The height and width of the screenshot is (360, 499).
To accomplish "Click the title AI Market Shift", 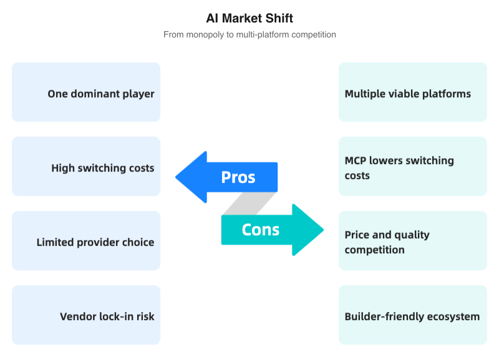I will coord(249,18).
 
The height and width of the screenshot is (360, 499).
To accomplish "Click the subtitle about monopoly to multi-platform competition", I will coord(249,34).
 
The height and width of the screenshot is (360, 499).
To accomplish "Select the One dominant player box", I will coord(86,92).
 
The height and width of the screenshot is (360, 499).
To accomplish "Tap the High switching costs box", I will coord(86,166).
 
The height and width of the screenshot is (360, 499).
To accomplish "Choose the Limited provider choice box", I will coord(86,240).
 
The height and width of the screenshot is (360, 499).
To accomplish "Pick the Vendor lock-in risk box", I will coord(86,314).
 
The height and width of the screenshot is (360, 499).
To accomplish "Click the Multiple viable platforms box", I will coord(412,92).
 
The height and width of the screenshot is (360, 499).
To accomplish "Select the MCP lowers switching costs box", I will coord(412,166).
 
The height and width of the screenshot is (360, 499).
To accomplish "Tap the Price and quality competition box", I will coord(412,240).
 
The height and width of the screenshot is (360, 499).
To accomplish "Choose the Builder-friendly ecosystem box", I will coord(412,314).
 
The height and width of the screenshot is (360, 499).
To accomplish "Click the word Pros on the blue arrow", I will coord(238,177).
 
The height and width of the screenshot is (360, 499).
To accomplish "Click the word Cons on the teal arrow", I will coord(261,230).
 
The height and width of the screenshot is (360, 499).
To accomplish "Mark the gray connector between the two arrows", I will coord(249,203).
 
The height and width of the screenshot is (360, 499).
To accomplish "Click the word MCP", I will coord(356,160).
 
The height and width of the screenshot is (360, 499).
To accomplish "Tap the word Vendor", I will coord(78,316).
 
